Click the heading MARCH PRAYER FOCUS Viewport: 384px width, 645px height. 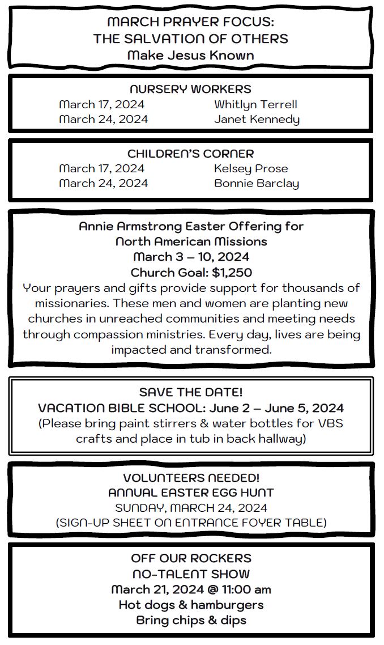click(x=190, y=23)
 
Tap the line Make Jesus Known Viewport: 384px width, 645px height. click(x=190, y=55)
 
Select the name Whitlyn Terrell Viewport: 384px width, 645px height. click(x=255, y=104)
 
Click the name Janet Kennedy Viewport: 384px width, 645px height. click(x=257, y=119)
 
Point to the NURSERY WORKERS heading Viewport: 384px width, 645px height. click(x=190, y=89)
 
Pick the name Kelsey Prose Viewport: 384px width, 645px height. click(x=251, y=168)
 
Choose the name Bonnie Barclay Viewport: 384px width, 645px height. click(x=257, y=183)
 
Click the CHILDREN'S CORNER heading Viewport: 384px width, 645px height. click(x=190, y=154)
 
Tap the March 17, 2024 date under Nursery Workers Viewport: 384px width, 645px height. click(x=101, y=104)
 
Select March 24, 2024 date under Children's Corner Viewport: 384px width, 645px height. click(x=103, y=183)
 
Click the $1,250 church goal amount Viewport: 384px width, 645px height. click(x=232, y=272)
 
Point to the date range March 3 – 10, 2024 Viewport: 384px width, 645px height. click(x=191, y=257)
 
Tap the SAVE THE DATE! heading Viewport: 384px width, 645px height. click(x=190, y=392)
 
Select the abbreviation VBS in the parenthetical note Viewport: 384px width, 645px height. click(x=331, y=423)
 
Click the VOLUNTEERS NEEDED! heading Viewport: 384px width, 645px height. click(x=191, y=478)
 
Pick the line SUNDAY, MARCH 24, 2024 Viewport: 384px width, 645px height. click(x=191, y=507)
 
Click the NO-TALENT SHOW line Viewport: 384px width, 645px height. click(x=191, y=574)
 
